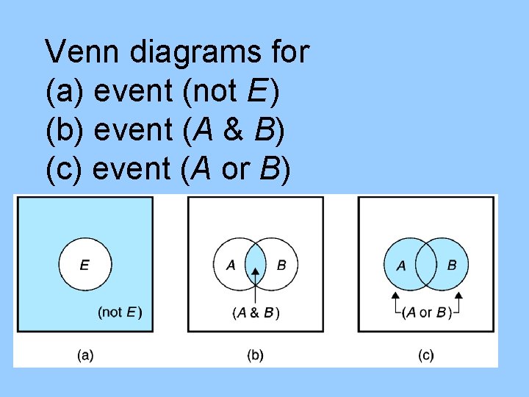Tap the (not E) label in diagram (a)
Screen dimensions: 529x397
coord(120,312)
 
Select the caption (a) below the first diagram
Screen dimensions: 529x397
coord(85,355)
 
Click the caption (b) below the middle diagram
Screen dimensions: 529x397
coord(255,355)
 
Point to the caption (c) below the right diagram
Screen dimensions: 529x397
coord(426,355)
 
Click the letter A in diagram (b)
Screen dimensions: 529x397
coord(231,265)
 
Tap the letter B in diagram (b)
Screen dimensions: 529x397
coord(281,265)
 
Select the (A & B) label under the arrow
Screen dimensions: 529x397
coord(256,313)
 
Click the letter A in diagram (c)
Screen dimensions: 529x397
coord(401,265)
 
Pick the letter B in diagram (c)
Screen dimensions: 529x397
coord(451,265)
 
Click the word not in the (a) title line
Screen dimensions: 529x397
coord(211,92)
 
